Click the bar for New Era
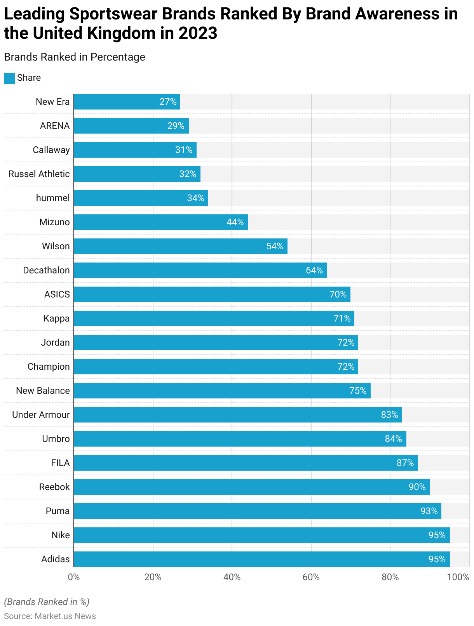point(127,102)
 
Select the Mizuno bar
point(161,222)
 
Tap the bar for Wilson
point(181,246)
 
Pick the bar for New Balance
point(222,391)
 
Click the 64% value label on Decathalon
point(314,270)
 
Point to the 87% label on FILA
point(405,463)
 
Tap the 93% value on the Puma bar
point(429,511)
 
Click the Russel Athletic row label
point(39,174)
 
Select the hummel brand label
point(53,198)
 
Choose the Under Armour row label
point(41,415)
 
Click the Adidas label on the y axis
point(56,559)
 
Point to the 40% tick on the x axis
point(232,577)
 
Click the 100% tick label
point(458,577)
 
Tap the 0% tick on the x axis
point(74,577)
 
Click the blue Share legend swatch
point(9,78)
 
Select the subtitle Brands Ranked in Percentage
point(75,57)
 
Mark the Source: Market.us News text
point(50,616)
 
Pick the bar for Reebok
point(252,487)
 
